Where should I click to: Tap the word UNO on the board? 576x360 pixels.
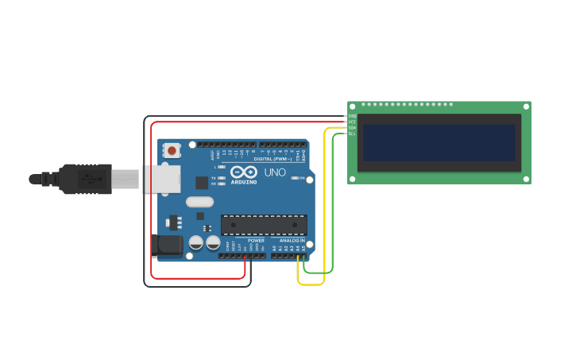tap(275, 172)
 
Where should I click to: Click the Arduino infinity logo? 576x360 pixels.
tap(243, 172)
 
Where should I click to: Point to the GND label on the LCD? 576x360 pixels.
tap(352, 116)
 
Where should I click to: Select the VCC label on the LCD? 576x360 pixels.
tap(352, 122)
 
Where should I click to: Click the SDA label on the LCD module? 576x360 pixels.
tap(352, 128)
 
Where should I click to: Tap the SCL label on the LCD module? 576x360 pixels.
tap(352, 134)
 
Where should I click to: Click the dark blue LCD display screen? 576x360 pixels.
tap(439, 142)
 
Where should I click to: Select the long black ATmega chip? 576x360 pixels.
tap(264, 225)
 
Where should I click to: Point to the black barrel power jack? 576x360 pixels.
tap(167, 245)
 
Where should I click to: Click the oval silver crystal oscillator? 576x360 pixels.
tap(199, 202)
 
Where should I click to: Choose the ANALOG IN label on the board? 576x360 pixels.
tap(292, 240)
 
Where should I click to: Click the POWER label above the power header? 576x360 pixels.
tap(256, 240)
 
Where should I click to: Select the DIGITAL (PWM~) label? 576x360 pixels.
tap(273, 159)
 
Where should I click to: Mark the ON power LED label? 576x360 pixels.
tap(303, 178)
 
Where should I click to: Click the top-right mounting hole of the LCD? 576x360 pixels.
tap(524, 107)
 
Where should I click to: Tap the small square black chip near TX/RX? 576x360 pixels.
tap(202, 182)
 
